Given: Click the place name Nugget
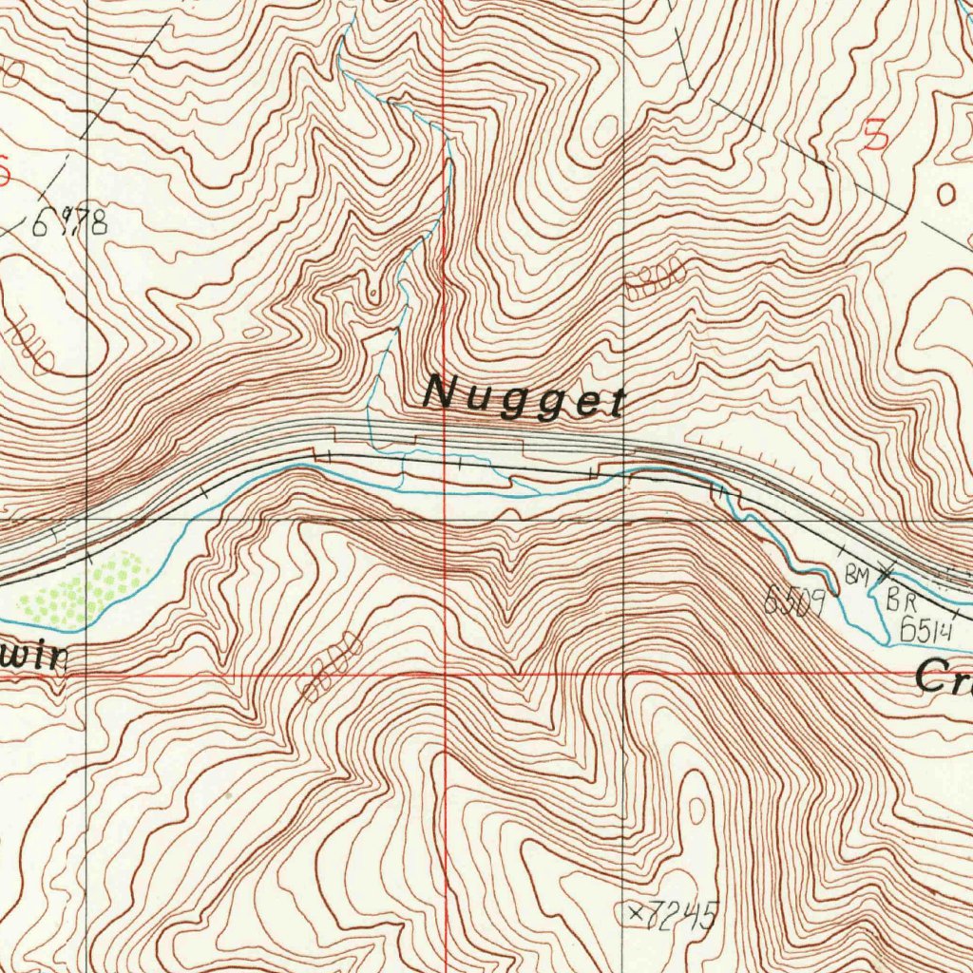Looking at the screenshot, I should pos(524,396).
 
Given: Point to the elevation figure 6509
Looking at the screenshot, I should pos(794,601).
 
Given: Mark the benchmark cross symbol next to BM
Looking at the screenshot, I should pos(886,572).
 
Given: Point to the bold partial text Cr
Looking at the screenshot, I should pos(944,678).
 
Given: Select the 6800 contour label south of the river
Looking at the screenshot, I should pos(332,664).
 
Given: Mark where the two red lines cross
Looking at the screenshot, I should pos(445,674).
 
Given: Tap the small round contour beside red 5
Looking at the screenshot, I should pos(946,196).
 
